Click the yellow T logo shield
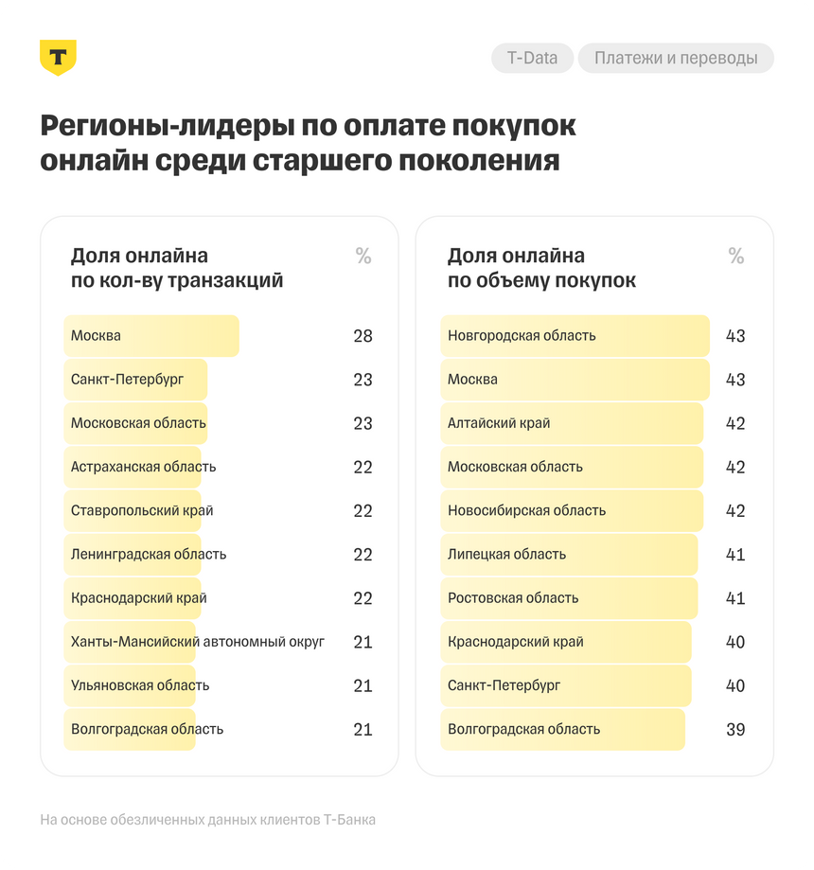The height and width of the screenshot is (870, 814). (x=58, y=58)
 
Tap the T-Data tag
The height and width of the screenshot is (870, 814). (x=532, y=58)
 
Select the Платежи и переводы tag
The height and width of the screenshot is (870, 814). (x=676, y=58)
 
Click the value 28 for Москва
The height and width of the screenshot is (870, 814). (x=363, y=336)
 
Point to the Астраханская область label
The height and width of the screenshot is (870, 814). (x=143, y=467)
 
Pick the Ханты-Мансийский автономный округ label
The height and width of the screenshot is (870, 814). (x=197, y=642)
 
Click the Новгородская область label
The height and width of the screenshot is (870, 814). (x=522, y=336)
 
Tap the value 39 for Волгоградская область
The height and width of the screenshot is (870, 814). (x=734, y=730)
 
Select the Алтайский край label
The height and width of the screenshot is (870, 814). (x=499, y=423)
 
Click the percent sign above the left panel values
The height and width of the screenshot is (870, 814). (x=363, y=256)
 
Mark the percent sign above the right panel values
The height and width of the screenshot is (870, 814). (x=735, y=256)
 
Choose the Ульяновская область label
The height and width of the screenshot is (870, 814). (x=140, y=685)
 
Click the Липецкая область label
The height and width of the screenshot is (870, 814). (x=506, y=554)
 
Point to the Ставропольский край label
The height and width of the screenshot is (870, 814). (x=142, y=510)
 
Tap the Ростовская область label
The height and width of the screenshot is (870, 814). (x=513, y=598)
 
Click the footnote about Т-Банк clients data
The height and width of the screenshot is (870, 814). (x=207, y=820)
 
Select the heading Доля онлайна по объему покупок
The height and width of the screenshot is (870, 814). (x=540, y=268)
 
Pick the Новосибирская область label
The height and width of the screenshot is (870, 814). (x=526, y=510)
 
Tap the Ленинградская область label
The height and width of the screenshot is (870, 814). (x=149, y=554)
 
